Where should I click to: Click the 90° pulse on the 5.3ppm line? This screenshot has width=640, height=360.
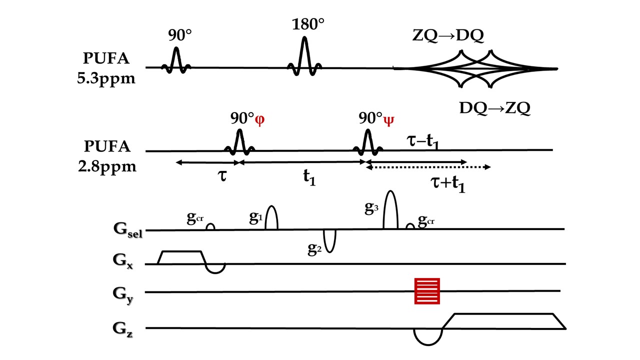coord(176,60)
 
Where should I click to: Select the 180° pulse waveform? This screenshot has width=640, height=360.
coord(304,56)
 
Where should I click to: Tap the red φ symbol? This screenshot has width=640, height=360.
coord(259,120)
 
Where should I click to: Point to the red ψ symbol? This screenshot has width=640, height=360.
coord(388,120)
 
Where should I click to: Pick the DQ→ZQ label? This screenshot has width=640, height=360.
coord(494,108)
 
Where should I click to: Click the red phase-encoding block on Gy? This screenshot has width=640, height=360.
coord(427,290)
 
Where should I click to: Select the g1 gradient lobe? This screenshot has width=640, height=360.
coord(271,218)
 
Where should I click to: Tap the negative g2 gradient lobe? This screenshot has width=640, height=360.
coord(329,240)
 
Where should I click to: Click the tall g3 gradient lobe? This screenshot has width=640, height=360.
coord(390,210)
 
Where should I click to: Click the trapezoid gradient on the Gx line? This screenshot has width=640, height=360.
coord(180,257)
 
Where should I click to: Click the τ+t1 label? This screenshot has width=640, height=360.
coord(448,187)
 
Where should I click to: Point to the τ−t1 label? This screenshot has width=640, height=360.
coord(423,143)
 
